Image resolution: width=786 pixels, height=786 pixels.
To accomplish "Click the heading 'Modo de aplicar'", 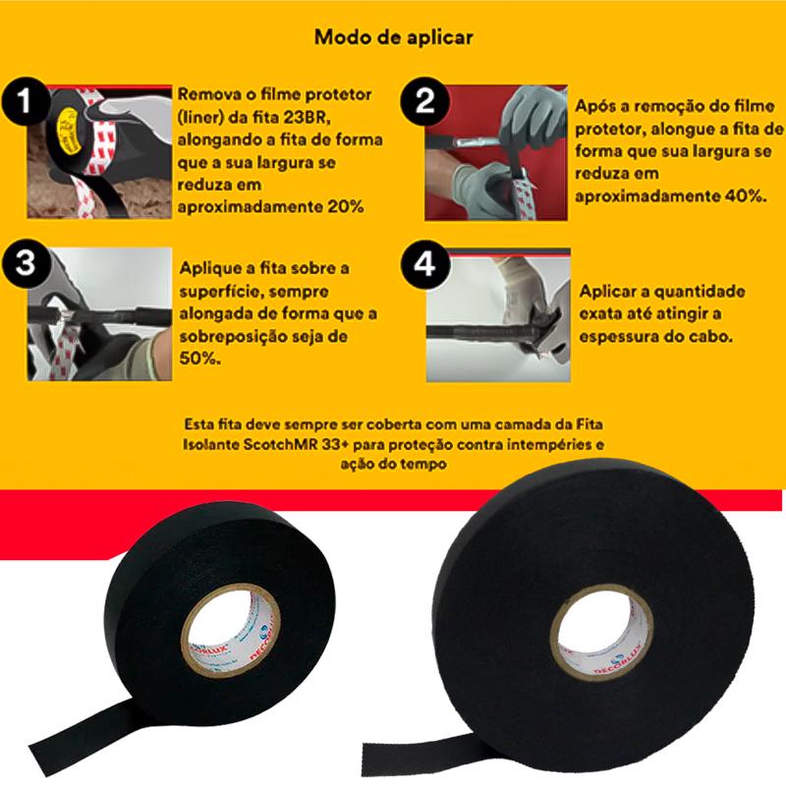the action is click(x=394, y=37).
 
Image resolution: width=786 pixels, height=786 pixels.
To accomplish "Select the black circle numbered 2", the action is click(x=424, y=101).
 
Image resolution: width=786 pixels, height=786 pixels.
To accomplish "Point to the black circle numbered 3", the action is click(x=26, y=263).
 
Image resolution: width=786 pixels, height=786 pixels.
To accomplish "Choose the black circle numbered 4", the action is click(x=424, y=263).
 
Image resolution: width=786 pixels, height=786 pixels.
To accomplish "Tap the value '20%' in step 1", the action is click(x=346, y=206).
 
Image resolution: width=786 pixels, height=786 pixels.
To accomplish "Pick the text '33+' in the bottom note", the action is click(x=338, y=445).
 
